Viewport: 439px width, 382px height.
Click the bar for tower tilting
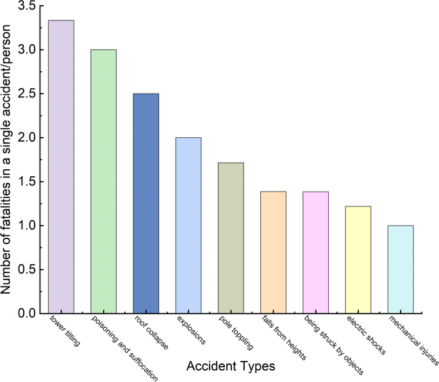pyautogui.click(x=61, y=167)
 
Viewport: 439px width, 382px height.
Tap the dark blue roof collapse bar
pyautogui.click(x=145, y=203)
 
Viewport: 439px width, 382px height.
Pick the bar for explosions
pyautogui.click(x=188, y=225)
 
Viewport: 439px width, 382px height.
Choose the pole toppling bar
pyautogui.click(x=231, y=238)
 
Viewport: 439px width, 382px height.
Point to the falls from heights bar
pyautogui.click(x=273, y=252)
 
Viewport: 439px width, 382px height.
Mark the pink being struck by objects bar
pyautogui.click(x=315, y=252)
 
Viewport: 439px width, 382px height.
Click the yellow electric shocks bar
pyautogui.click(x=358, y=260)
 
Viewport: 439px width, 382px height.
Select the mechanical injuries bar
pyautogui.click(x=401, y=269)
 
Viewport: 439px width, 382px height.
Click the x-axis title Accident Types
pyautogui.click(x=231, y=367)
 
